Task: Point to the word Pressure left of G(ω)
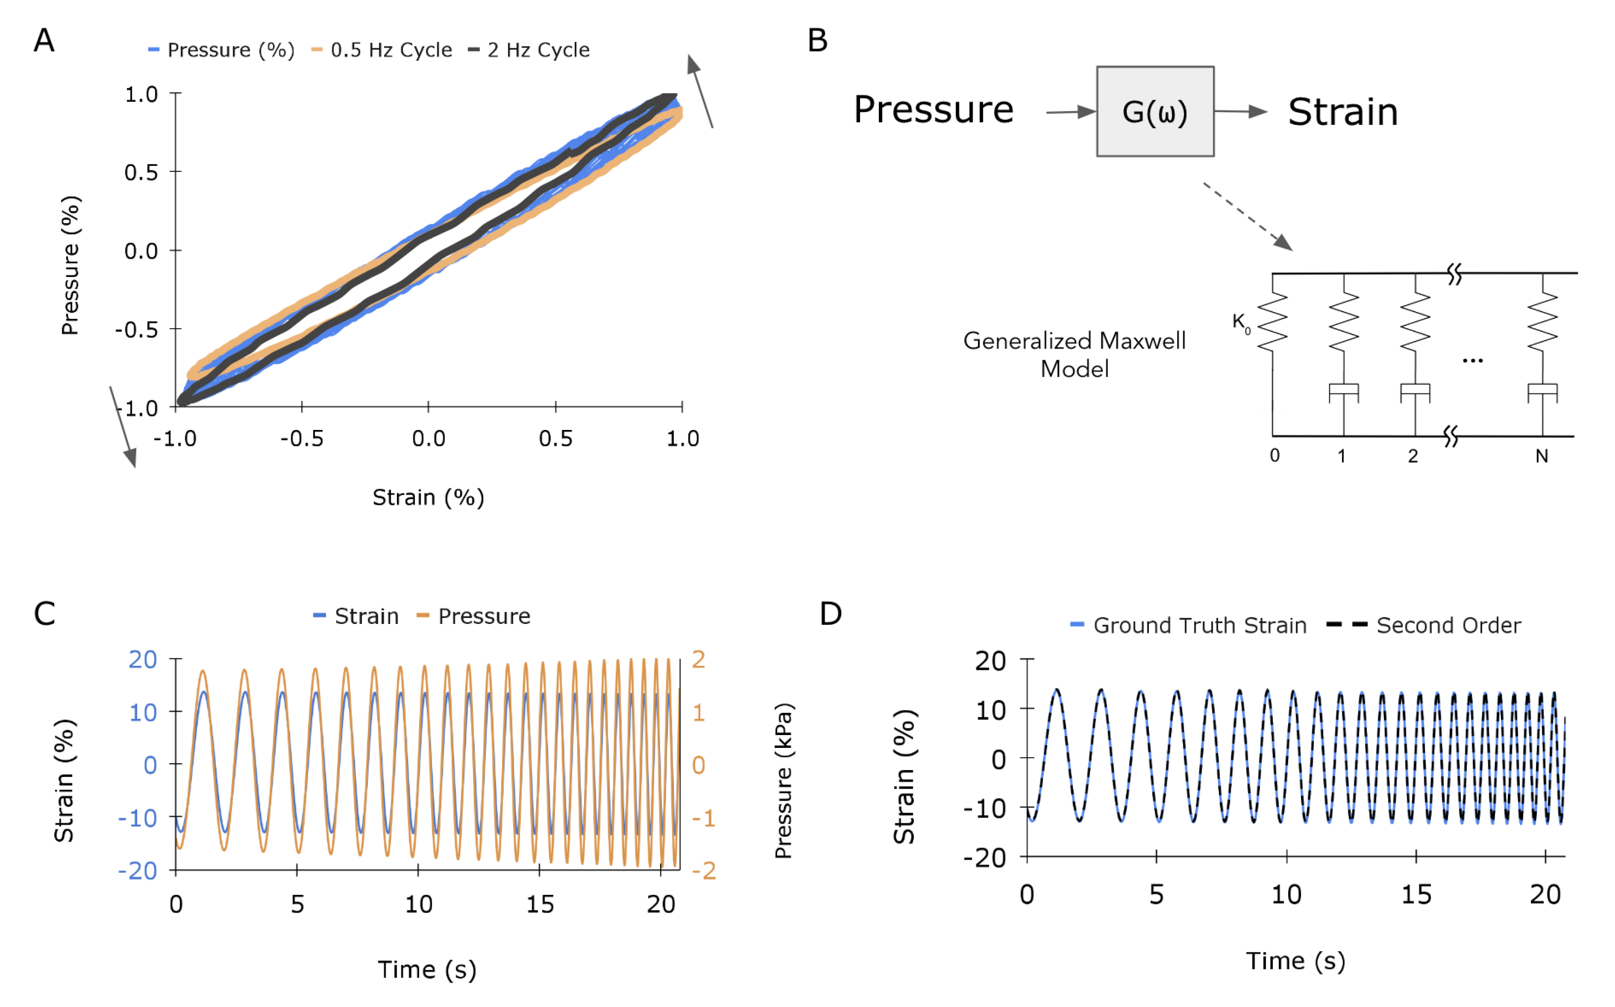pyautogui.click(x=933, y=110)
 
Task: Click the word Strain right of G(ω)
pyautogui.click(x=1342, y=112)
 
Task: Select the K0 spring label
pyautogui.click(x=1241, y=323)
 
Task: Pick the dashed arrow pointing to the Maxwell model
pyautogui.click(x=1247, y=216)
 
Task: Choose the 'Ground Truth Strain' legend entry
pyautogui.click(x=1199, y=625)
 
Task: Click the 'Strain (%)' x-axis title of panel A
pyautogui.click(x=428, y=498)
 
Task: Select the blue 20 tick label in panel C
pyautogui.click(x=143, y=659)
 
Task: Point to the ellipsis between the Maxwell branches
pyautogui.click(x=1472, y=361)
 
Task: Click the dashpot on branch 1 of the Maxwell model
pyautogui.click(x=1343, y=393)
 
